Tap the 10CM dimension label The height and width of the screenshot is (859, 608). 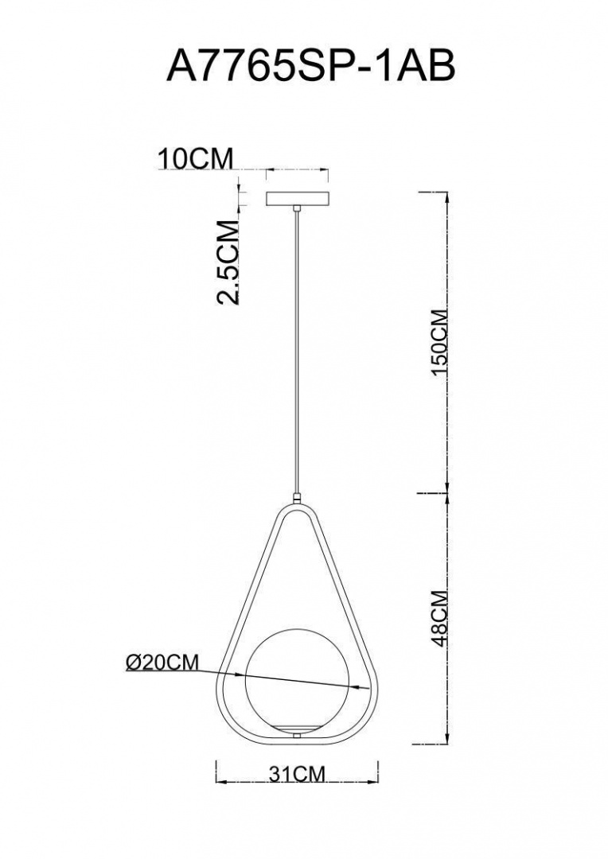(195, 158)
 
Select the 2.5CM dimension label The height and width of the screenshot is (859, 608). (228, 262)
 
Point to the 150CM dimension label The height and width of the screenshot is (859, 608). (440, 342)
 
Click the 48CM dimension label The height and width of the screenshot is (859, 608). (440, 619)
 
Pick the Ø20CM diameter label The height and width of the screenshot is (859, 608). (162, 663)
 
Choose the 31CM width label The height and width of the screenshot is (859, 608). (297, 774)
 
